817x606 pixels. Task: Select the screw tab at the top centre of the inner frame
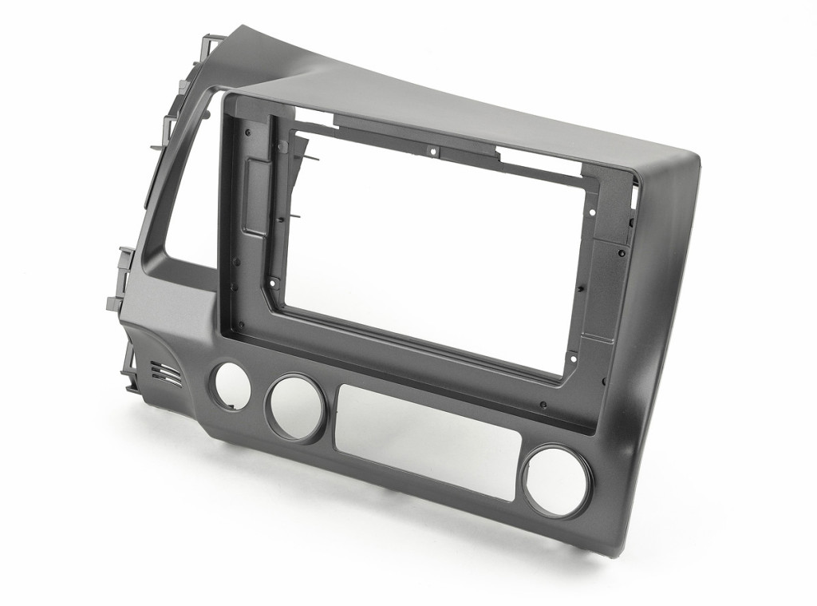pos(433,149)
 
